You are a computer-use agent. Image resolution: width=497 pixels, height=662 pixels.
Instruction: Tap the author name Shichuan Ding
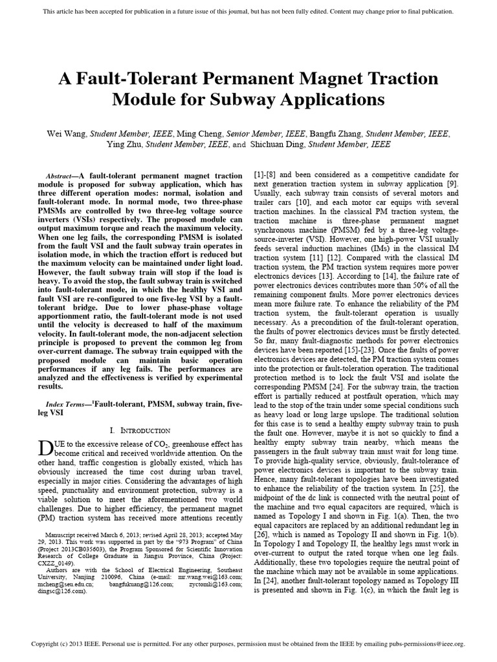click(x=278, y=144)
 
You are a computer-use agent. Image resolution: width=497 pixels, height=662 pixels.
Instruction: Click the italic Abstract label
click(x=61, y=176)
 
